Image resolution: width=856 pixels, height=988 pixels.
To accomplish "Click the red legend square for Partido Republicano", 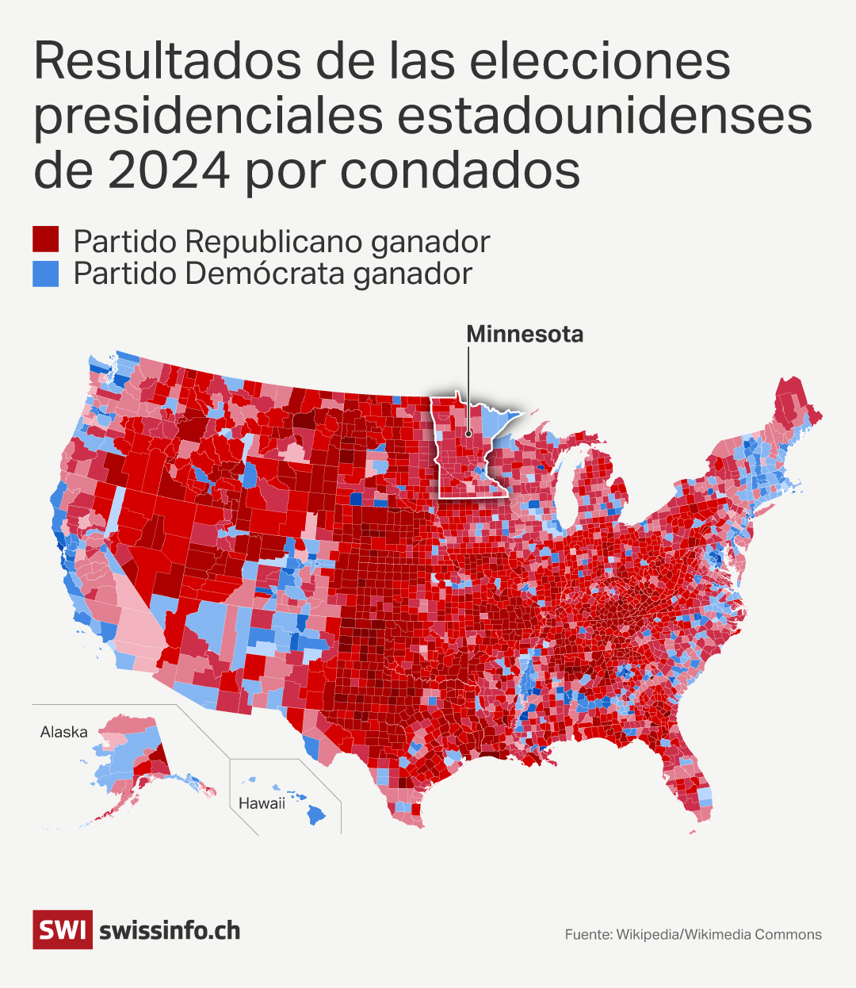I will [46, 239].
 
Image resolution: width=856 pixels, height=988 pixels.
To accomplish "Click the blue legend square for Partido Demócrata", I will [46, 273].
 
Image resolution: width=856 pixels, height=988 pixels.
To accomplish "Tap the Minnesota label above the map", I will [525, 334].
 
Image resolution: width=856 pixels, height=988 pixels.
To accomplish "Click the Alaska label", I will [63, 732].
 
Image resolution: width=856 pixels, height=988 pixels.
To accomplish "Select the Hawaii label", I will [262, 803].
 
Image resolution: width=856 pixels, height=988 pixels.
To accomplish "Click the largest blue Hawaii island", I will [316, 814].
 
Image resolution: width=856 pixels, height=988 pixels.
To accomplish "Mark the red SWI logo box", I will [63, 929].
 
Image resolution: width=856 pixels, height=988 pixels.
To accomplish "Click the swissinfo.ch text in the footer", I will [170, 930].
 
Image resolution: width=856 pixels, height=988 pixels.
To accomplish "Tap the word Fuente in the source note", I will [587, 935].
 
